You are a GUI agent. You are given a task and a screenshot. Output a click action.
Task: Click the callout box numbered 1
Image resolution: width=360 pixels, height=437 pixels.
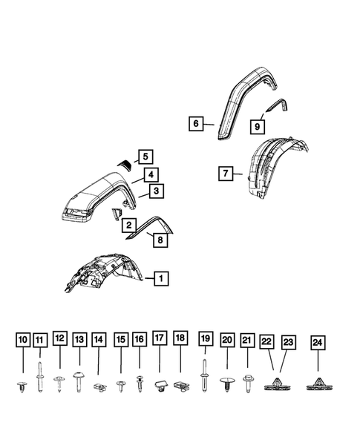click(x=160, y=279)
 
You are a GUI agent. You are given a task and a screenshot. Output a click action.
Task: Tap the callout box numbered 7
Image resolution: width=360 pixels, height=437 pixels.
click(x=225, y=174)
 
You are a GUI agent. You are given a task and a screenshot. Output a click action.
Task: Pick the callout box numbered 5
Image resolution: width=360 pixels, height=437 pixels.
click(x=145, y=157)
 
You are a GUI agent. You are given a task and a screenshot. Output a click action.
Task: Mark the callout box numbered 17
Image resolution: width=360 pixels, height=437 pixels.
click(x=159, y=339)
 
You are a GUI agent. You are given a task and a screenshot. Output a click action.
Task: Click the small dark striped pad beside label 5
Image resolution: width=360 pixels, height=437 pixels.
click(x=125, y=165)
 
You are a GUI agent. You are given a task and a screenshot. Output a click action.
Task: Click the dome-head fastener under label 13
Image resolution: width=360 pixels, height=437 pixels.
click(x=79, y=377)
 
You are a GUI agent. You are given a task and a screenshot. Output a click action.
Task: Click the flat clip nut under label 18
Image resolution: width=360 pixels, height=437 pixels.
click(x=180, y=385)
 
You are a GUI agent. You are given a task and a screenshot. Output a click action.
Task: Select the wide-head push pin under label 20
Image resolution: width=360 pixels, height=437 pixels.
click(x=226, y=383)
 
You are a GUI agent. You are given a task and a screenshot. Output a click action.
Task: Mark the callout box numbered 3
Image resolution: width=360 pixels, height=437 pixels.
click(x=156, y=191)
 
